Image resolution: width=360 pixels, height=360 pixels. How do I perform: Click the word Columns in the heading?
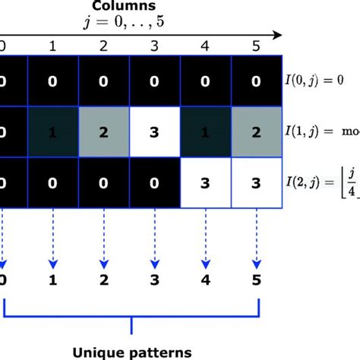pos(131,6)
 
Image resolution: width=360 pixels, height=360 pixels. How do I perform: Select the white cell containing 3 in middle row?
pos(156,131)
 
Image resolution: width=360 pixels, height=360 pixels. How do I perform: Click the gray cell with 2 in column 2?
pos(104,131)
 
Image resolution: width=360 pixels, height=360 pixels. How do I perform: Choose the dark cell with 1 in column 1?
pos(52,131)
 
